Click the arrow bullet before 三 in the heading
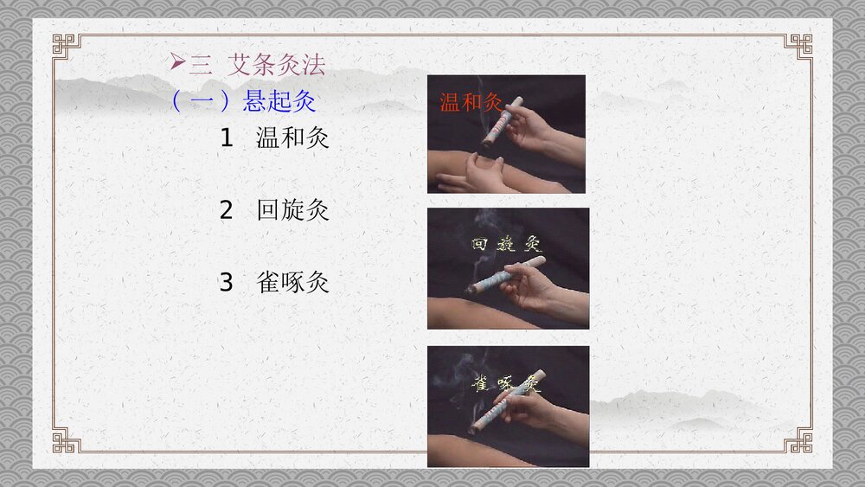[x=177, y=62]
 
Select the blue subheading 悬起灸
[x=279, y=102]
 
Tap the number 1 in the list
[x=227, y=138]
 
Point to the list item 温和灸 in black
[x=292, y=138]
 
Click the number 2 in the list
[x=227, y=209]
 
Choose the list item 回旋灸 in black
[x=292, y=209]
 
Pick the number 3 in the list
[x=227, y=282]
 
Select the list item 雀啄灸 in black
[x=292, y=282]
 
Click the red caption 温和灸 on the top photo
[x=471, y=103]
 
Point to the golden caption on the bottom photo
[x=506, y=383]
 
